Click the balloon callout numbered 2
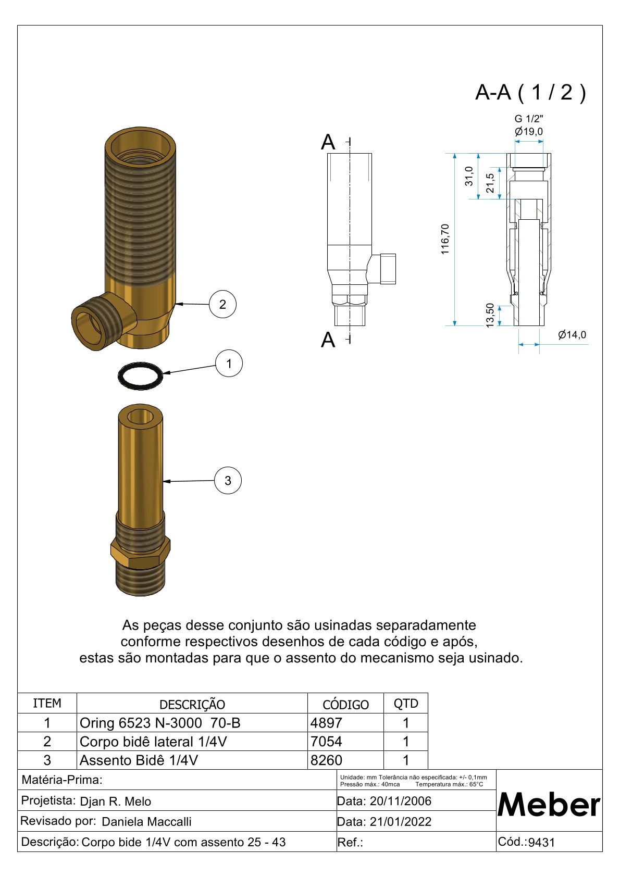(222, 304)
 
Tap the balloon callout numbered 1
(229, 363)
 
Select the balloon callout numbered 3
(228, 480)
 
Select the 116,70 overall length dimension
(445, 239)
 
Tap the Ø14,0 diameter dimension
(572, 335)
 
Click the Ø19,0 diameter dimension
(528, 131)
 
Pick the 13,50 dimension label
(490, 315)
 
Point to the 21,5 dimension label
(490, 183)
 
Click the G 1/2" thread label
(528, 119)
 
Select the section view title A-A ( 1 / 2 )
(530, 92)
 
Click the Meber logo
(549, 805)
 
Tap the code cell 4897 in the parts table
(327, 723)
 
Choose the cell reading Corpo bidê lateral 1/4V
(153, 742)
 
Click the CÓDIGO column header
(345, 704)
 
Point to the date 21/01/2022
(400, 822)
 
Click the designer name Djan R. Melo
(115, 801)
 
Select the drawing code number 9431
(541, 843)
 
